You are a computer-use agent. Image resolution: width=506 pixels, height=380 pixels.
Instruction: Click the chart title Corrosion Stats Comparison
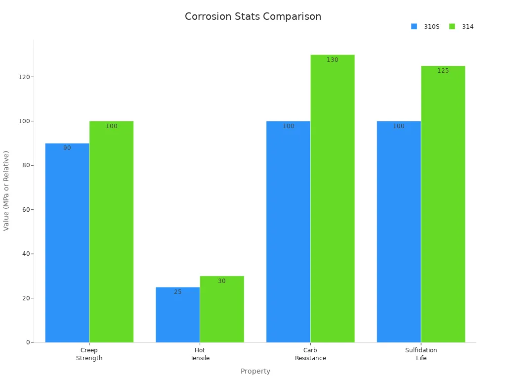[253, 16]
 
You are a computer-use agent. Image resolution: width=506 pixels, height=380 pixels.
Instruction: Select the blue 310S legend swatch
[414, 27]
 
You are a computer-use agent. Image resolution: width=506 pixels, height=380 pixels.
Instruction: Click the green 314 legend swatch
[452, 27]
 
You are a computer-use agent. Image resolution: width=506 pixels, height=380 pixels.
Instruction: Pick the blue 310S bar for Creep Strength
[67, 242]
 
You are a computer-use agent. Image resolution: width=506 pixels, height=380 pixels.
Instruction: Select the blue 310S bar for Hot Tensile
[178, 315]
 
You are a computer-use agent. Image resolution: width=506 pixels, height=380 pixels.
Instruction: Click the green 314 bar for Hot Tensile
[222, 309]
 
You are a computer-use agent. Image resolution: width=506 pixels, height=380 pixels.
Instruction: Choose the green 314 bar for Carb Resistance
[333, 198]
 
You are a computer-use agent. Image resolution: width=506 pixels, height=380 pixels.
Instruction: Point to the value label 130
[333, 60]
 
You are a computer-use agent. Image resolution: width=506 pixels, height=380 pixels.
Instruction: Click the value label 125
[443, 71]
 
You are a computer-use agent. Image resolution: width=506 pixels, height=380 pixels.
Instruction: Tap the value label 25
[178, 292]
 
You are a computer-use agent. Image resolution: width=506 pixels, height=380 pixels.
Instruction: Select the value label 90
[67, 148]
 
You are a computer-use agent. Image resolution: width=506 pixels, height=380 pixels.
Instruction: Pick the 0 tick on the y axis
[28, 342]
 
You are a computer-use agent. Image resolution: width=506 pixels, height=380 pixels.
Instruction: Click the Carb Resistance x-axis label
[310, 354]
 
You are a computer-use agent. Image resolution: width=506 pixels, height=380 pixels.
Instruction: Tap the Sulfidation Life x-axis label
[421, 354]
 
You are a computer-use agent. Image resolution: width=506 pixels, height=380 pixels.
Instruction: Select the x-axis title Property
[255, 371]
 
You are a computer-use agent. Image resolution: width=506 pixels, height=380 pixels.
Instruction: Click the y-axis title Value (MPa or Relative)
[6, 190]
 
